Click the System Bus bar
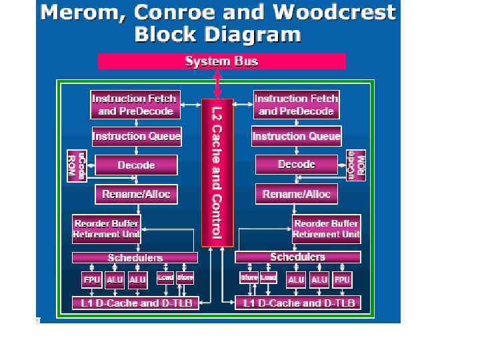tap(221, 61)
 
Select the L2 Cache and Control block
tap(217, 172)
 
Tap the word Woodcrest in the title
tap(339, 13)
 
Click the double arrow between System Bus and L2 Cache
tap(218, 84)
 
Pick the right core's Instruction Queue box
tap(297, 137)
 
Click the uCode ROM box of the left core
tap(77, 165)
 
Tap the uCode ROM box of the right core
tap(357, 164)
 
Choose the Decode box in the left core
tap(136, 165)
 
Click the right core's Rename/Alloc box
tap(297, 194)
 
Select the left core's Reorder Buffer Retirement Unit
tap(106, 229)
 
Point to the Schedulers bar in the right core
tap(298, 257)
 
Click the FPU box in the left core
tap(91, 280)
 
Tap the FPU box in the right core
tap(342, 280)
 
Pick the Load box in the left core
tap(165, 277)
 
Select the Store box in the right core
tap(249, 277)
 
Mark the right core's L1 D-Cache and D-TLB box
tap(298, 303)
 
